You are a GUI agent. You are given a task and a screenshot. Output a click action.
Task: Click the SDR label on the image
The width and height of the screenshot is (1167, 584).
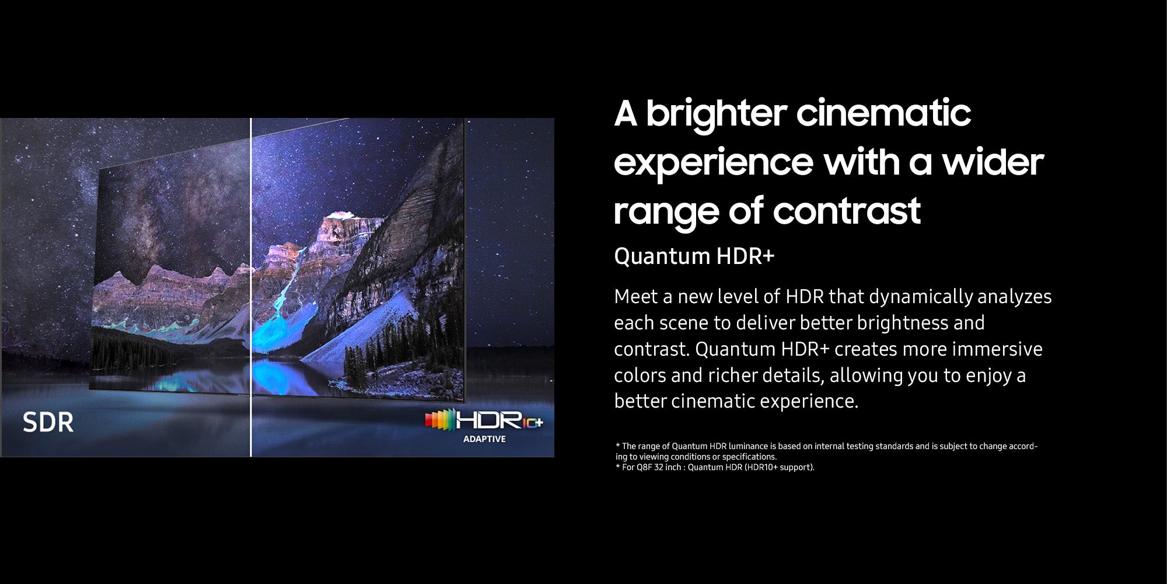tap(48, 422)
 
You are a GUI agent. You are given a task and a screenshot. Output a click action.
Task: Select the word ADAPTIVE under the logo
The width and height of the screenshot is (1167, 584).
tap(484, 439)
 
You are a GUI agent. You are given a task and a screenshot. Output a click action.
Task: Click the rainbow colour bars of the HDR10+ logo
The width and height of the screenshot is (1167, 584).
tap(440, 420)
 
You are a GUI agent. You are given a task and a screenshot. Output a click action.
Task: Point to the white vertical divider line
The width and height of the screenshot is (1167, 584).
tap(251, 287)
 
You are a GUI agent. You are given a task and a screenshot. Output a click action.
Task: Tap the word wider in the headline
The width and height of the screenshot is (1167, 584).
tap(993, 162)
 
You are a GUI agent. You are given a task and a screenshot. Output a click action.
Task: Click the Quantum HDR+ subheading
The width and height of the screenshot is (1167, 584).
tap(694, 256)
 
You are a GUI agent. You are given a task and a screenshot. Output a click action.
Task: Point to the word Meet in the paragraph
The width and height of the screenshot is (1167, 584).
tap(635, 297)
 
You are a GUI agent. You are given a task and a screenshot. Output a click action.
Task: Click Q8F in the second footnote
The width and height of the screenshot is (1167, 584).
tap(644, 467)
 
